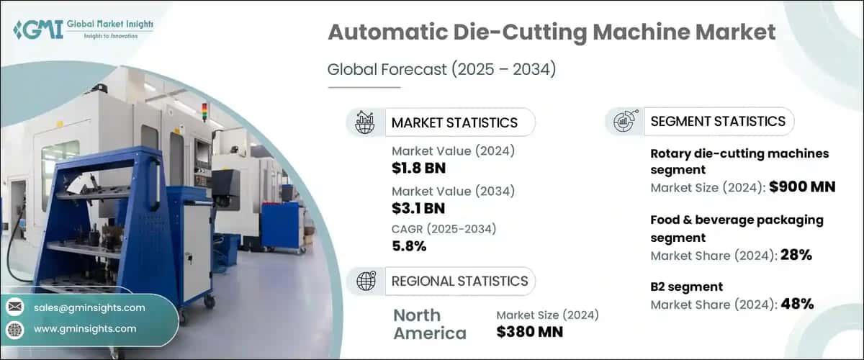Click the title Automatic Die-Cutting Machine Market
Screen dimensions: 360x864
552,33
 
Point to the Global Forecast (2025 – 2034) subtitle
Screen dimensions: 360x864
442,70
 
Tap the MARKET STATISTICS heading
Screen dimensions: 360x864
454,122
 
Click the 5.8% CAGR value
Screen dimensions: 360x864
409,246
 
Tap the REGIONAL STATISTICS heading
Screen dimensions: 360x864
459,281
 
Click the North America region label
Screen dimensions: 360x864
429,324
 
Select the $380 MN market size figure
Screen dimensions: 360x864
530,332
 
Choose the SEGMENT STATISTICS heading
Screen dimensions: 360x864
718,121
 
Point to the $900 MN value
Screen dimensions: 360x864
802,188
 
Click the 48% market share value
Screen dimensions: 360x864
797,304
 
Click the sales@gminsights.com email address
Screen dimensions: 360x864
89,307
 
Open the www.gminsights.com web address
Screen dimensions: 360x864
85,329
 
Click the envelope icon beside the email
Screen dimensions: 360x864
14,307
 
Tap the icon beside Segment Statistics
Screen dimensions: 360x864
623,121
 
